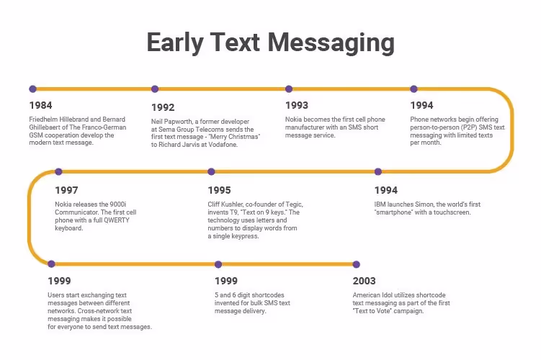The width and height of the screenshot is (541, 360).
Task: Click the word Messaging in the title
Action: click(332, 42)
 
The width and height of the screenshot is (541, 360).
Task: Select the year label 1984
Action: click(40, 105)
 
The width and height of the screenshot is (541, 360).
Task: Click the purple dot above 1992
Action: click(155, 89)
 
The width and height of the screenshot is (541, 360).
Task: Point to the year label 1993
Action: click(297, 105)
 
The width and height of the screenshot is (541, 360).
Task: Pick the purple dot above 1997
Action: click(58, 171)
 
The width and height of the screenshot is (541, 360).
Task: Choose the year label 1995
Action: click(219, 190)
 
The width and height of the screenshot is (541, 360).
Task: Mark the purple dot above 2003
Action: click(355, 264)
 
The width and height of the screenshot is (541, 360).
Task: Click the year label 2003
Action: click(365, 281)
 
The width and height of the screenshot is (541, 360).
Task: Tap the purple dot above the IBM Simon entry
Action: click(377, 171)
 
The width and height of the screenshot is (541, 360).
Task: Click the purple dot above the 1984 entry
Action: click(32, 89)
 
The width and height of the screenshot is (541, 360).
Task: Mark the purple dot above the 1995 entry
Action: click(211, 171)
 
